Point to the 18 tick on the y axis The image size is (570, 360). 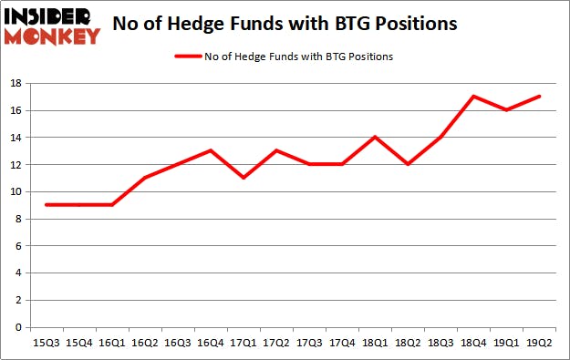pyautogui.click(x=16, y=84)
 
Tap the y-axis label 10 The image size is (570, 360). pyautogui.click(x=16, y=192)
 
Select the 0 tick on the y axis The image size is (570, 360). pyautogui.click(x=19, y=328)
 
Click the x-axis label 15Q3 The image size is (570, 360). pyautogui.click(x=45, y=343)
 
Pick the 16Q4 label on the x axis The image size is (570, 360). pyautogui.click(x=211, y=343)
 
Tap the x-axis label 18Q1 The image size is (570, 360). pyautogui.click(x=377, y=343)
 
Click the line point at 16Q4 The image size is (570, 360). pyautogui.click(x=211, y=151)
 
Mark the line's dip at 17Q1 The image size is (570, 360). pyautogui.click(x=244, y=178)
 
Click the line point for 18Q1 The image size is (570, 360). pyautogui.click(x=377, y=138)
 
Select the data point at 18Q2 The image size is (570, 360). pyautogui.click(x=409, y=164)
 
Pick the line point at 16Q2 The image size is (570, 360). pyautogui.click(x=144, y=178)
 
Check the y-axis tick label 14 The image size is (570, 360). pyautogui.click(x=16, y=138)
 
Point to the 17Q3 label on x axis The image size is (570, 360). pyautogui.click(x=310, y=343)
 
